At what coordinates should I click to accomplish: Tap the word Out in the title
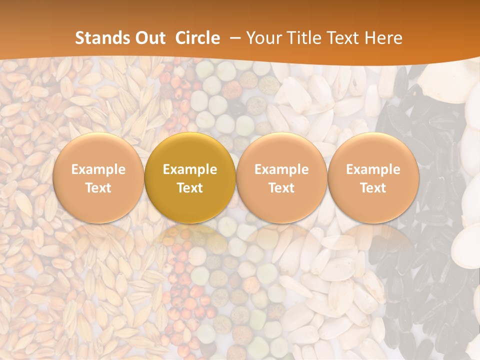click(x=149, y=38)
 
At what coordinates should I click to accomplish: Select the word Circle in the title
click(x=197, y=38)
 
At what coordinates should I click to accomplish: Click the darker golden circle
click(x=190, y=178)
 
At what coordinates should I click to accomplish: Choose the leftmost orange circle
click(x=98, y=178)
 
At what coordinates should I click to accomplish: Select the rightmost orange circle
click(x=373, y=178)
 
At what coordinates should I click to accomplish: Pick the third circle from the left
click(x=281, y=178)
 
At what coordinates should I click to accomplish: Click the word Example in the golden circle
click(x=190, y=169)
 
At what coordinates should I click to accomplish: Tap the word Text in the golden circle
click(x=190, y=188)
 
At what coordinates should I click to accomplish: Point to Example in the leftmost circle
click(x=98, y=169)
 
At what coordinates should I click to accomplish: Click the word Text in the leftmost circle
click(x=98, y=188)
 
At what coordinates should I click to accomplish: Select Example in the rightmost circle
click(x=373, y=169)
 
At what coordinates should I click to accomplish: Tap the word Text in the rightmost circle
click(x=373, y=188)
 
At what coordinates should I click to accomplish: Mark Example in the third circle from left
click(x=281, y=169)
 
